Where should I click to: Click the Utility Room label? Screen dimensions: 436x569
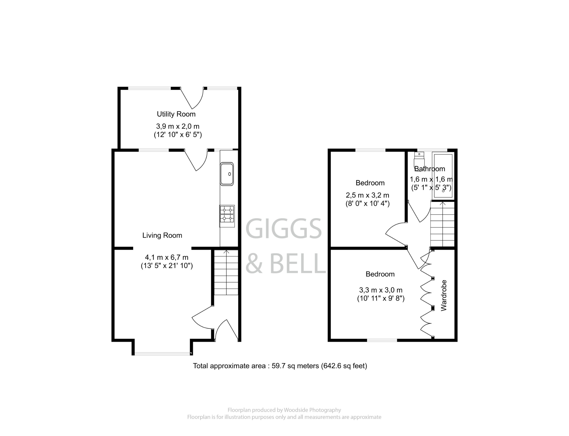176,114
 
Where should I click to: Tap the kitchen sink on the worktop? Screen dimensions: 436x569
227,174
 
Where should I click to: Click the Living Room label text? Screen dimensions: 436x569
162,235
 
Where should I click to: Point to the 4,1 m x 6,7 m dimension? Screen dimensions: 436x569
167,257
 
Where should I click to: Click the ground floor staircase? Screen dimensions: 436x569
226,272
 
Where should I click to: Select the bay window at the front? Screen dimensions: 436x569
162,354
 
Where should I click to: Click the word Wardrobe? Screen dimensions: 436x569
444,295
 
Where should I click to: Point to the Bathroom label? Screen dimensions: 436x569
430,169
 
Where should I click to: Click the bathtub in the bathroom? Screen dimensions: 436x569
443,176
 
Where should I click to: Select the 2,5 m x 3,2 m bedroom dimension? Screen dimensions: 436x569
367,195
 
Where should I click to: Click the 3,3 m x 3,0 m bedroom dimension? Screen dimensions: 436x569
381,290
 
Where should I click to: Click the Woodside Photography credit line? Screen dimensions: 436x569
284,410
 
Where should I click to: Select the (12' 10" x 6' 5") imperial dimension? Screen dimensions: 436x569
178,135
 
